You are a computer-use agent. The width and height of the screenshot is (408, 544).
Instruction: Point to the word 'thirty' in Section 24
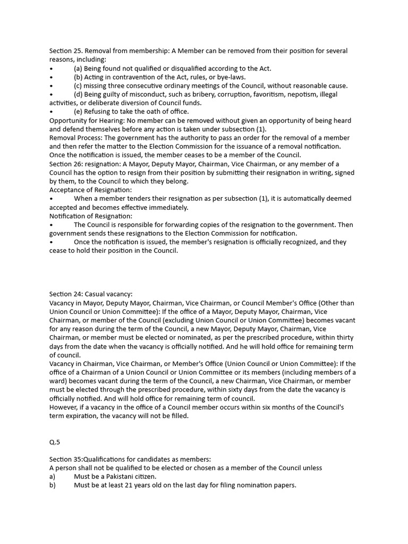[344, 337]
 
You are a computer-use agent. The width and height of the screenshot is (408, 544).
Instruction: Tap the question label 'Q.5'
[55, 442]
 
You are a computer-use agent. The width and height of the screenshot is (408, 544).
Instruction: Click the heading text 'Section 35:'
[67, 459]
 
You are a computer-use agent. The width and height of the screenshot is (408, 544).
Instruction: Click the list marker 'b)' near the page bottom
[53, 485]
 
